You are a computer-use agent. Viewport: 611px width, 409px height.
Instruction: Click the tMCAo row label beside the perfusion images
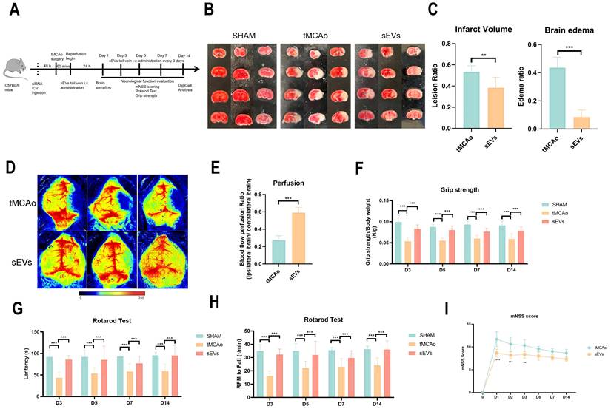coord(21,203)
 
